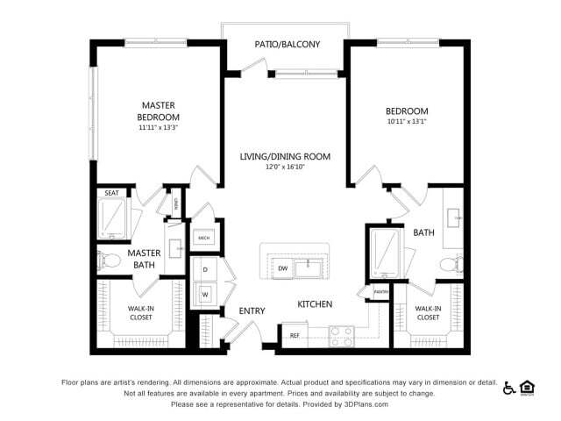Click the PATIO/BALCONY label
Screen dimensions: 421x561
[287, 44]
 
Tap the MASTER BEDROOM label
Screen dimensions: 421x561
[159, 111]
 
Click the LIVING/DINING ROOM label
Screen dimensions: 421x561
[286, 156]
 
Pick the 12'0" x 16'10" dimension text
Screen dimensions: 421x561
[286, 168]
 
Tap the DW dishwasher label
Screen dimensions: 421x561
[282, 268]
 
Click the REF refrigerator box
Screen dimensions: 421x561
[295, 335]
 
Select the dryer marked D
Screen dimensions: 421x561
[205, 269]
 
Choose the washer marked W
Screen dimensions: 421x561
[205, 295]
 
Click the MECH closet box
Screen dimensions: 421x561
[203, 238]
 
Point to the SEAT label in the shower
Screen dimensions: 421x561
[112, 193]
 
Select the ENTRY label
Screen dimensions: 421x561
[252, 310]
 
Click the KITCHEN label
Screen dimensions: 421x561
[314, 304]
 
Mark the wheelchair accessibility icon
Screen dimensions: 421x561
[509, 387]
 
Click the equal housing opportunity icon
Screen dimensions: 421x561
[528, 387]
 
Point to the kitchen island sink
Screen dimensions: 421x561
[309, 267]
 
